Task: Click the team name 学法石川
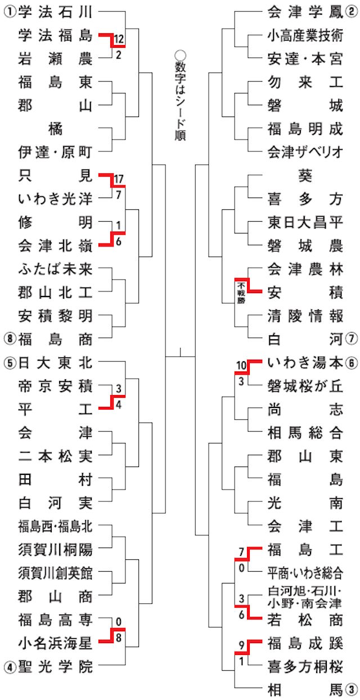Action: point(55,12)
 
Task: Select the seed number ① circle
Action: point(10,12)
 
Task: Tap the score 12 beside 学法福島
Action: point(119,39)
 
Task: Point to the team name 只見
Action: point(55,176)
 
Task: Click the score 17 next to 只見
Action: point(119,180)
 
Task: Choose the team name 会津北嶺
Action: point(55,246)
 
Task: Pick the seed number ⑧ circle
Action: point(10,339)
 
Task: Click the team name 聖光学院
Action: point(55,667)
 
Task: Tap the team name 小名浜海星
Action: point(55,643)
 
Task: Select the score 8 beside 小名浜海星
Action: point(119,638)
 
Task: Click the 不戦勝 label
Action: point(241,293)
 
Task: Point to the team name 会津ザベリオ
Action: point(305,152)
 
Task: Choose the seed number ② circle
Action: point(351,12)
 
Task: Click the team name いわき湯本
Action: point(305,363)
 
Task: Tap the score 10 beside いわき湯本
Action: point(241,366)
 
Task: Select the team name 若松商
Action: point(305,620)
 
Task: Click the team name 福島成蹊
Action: point(305,643)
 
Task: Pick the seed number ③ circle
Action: point(351,690)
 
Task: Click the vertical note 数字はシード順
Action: point(180,96)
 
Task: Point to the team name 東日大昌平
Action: point(305,222)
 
